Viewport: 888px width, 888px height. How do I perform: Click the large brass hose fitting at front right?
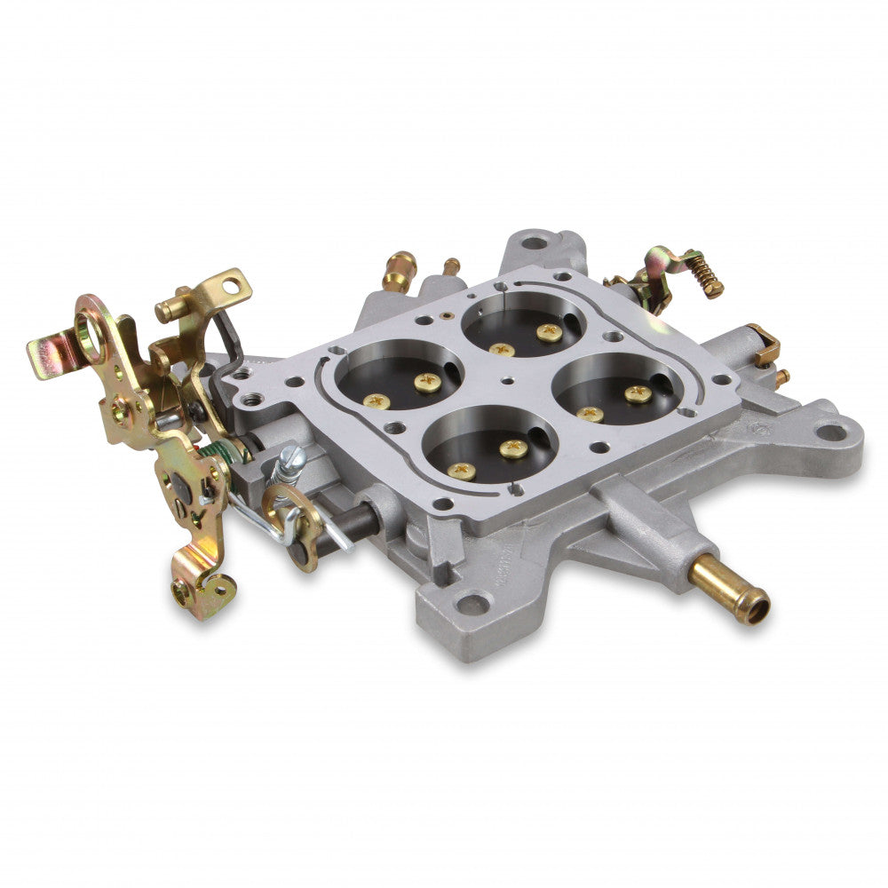pos(730,590)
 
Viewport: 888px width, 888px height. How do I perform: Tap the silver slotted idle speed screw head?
pos(290,460)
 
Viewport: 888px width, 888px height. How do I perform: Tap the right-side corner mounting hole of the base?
pos(832,433)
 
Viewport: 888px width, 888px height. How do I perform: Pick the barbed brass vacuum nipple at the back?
pos(399,268)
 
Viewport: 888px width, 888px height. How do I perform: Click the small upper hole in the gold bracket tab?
pos(232,287)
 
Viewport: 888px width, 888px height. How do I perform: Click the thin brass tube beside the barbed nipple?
pos(451,266)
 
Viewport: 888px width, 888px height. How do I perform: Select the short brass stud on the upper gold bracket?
pos(169,311)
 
